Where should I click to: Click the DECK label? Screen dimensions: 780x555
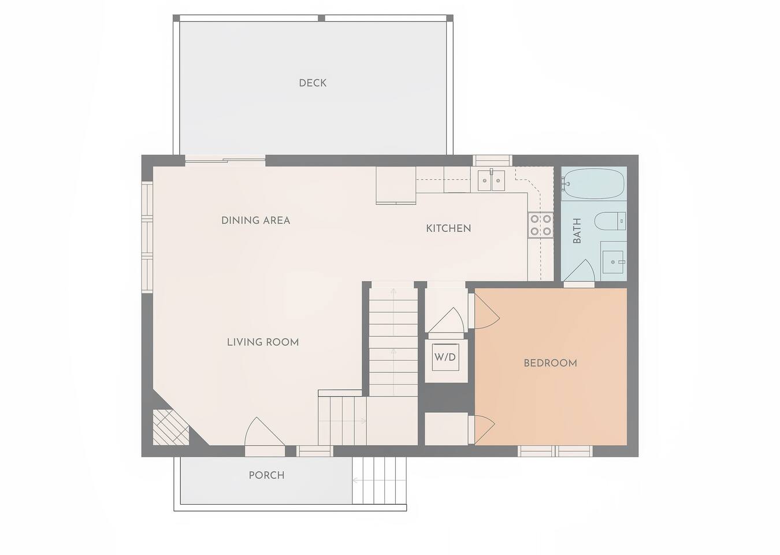coord(313,83)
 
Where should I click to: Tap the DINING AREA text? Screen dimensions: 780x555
coord(255,220)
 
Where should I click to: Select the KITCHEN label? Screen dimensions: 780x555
coord(448,228)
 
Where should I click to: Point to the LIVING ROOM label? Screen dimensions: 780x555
coord(263,342)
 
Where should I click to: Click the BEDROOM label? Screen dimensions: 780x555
coord(550,363)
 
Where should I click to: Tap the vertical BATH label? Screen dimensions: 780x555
coord(577,231)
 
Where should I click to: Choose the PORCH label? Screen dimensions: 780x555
coord(266,475)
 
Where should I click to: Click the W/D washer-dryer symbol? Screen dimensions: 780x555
coord(445,357)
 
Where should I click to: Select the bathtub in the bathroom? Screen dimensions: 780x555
coord(594,184)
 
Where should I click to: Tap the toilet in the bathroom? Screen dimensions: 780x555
coord(610,221)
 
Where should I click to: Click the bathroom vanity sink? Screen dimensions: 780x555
coord(614,262)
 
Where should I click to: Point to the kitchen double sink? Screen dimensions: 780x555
coord(491,180)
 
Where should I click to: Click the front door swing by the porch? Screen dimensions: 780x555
coord(265,432)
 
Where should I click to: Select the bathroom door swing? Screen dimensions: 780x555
coord(579,271)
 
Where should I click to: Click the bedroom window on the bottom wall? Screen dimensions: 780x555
coord(555,451)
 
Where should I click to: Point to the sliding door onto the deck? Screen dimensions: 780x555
coord(225,161)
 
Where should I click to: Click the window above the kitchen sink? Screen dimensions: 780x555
coord(492,161)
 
